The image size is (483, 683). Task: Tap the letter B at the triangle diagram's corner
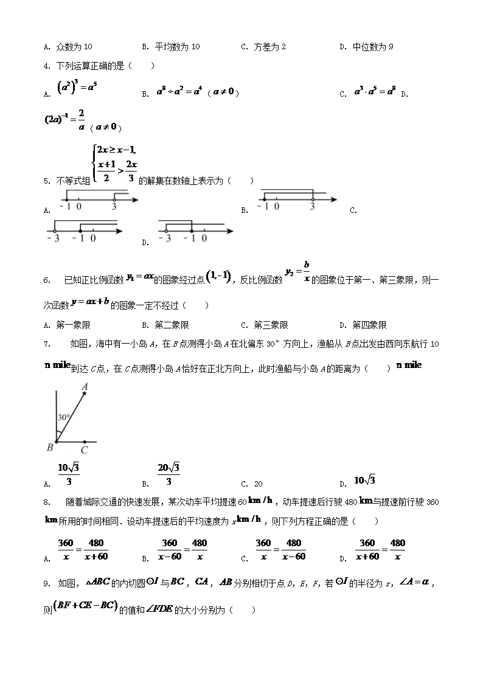[50, 448]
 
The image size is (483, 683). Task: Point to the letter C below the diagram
[84, 450]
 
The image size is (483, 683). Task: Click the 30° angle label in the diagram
[64, 418]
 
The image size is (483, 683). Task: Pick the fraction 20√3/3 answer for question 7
[169, 474]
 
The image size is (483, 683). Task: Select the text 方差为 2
[270, 47]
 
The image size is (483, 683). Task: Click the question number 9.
[46, 583]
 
